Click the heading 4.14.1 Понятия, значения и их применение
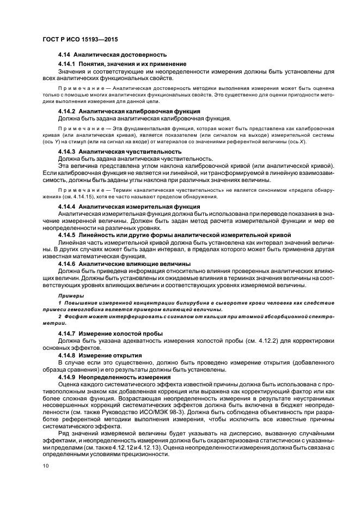coord(123,64)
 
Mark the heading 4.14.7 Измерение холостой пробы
coord(111,332)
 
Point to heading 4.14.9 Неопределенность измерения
coord(114,377)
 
